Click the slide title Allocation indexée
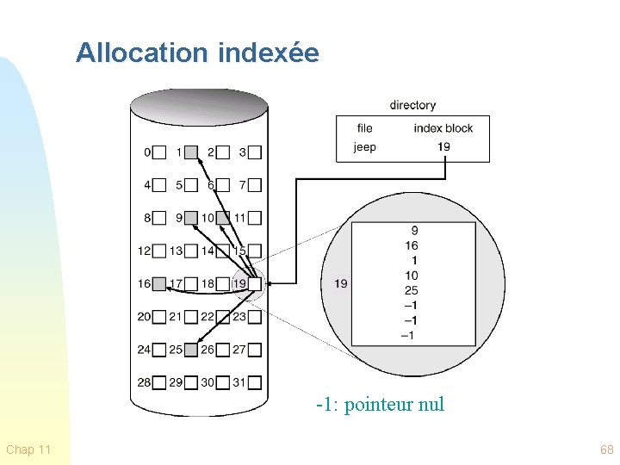[197, 53]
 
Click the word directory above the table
[412, 105]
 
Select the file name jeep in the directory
[364, 146]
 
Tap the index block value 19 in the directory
[443, 146]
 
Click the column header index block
[443, 128]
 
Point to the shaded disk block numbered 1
[191, 152]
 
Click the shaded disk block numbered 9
[191, 218]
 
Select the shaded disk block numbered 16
[159, 283]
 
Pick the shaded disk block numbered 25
[191, 350]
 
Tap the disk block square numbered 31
[254, 382]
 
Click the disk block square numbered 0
[159, 152]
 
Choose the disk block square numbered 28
[159, 382]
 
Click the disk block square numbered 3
[254, 152]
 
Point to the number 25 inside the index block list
[412, 290]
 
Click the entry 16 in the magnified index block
[412, 245]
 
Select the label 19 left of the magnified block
[340, 283]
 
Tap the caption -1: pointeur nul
[380, 404]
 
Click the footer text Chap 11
[28, 449]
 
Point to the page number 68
[606, 449]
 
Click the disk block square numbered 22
[222, 317]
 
